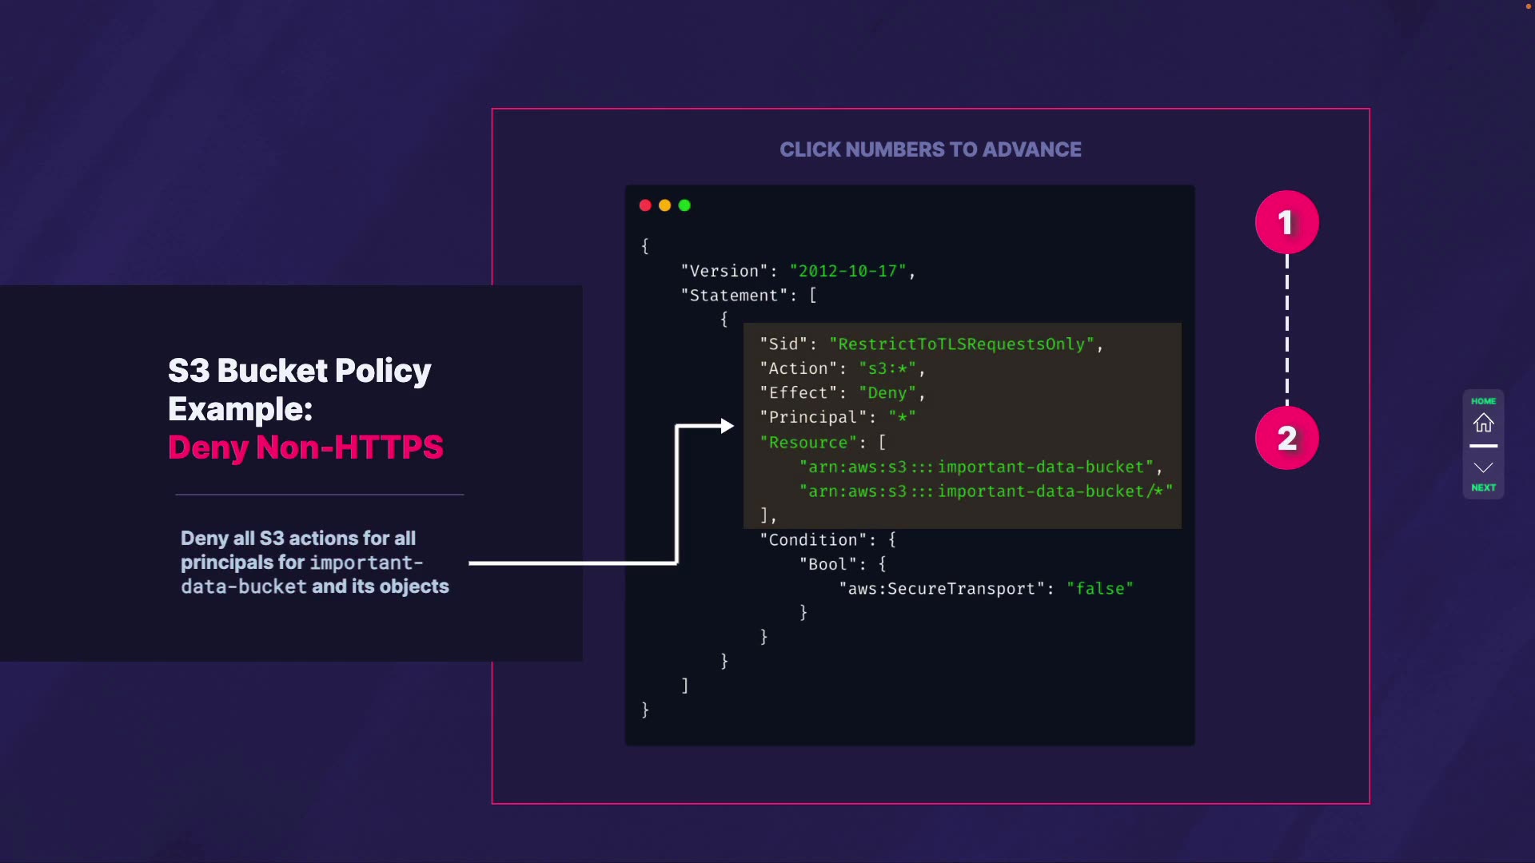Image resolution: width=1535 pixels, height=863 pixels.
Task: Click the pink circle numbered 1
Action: tap(1286, 222)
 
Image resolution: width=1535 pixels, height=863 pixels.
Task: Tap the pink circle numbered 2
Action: tap(1286, 438)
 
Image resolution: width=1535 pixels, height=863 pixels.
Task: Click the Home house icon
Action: tap(1483, 422)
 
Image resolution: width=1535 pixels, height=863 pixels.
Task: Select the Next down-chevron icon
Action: tap(1483, 468)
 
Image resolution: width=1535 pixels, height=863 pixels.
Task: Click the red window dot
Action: tap(645, 205)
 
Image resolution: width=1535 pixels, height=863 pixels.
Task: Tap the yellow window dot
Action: tap(664, 205)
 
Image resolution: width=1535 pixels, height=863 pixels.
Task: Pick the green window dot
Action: tap(684, 205)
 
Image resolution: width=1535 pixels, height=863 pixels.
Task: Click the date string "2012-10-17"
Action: tap(847, 272)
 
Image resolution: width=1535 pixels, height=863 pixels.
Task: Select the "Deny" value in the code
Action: tap(887, 393)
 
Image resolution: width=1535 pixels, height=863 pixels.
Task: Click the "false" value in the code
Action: tap(1100, 589)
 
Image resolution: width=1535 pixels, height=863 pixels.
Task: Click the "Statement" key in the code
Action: tap(733, 296)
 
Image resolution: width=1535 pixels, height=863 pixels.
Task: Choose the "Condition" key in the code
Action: tap(813, 540)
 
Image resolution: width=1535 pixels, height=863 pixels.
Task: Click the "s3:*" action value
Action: tap(887, 369)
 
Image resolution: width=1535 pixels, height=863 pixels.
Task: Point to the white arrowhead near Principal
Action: tap(727, 426)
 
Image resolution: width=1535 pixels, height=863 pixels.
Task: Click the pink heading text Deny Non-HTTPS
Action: tap(305, 447)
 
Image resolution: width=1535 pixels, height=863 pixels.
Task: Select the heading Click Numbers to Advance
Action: tap(930, 149)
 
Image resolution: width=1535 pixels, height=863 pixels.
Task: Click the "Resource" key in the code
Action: tap(807, 443)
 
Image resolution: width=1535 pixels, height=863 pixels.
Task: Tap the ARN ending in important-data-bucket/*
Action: tap(986, 491)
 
